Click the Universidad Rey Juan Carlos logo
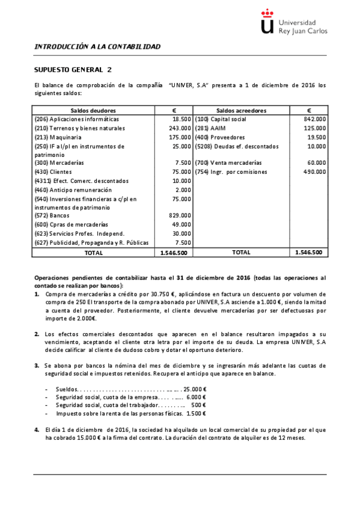coord(293,22)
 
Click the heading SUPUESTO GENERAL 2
coord(72,69)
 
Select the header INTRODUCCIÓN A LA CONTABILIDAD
coord(97,46)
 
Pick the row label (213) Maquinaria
coord(59,137)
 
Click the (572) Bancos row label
coord(52,215)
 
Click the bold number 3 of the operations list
coord(37,365)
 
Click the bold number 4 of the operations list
coord(37,430)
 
